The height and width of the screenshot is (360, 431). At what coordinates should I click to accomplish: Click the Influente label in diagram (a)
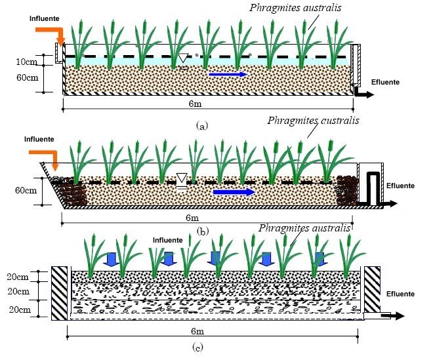coord(44,18)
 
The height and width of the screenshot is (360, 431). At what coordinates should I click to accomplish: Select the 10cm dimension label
coord(26,62)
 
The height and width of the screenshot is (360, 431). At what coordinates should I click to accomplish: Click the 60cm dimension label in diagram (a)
coord(27,77)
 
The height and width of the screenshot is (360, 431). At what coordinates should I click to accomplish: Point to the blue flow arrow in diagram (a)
coord(228,74)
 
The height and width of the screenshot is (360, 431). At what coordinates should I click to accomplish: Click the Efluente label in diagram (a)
coord(385,82)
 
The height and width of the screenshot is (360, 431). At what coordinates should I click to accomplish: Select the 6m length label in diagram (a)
coord(195,104)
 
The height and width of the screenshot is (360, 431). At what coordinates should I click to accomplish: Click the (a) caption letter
coord(202,126)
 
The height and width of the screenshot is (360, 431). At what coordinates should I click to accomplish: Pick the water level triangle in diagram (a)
coord(182,58)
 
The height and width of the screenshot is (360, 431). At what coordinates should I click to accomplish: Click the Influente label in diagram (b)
coord(39,139)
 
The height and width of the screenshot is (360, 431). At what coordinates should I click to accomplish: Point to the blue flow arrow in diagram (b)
coord(234,192)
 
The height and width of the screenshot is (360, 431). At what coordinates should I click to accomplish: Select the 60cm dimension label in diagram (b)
coord(26,190)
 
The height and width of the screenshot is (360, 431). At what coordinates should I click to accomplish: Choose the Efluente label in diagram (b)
coord(400,186)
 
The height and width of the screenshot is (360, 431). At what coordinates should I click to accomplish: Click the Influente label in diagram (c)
coord(168,240)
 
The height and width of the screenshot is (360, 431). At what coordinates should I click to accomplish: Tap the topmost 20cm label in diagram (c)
coord(18,277)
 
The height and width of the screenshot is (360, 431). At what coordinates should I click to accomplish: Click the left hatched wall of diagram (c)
coord(60,293)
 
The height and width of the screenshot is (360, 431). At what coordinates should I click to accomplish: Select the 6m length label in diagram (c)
coord(197,331)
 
